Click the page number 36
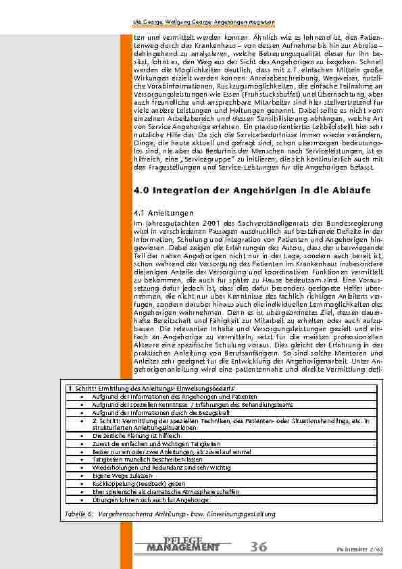(257, 546)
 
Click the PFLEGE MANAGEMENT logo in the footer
(182, 544)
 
